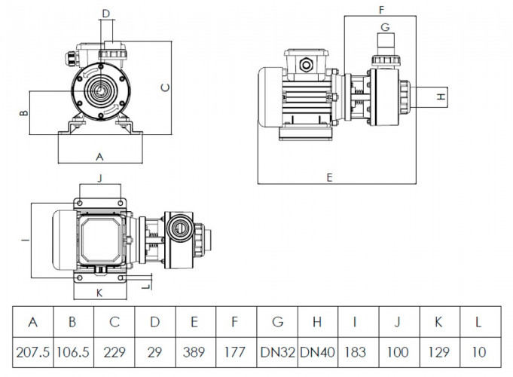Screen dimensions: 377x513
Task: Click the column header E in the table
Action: coord(195,322)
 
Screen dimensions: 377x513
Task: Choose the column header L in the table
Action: coord(480,322)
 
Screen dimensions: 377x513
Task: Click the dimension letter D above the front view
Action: coord(105,14)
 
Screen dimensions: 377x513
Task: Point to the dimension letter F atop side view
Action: coord(381,10)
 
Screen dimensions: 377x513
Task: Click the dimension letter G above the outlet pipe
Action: coord(384,27)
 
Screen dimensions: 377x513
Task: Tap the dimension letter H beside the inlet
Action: coord(442,97)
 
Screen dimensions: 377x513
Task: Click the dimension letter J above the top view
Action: coord(100,177)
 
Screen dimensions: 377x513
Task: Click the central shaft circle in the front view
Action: coord(99,90)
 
